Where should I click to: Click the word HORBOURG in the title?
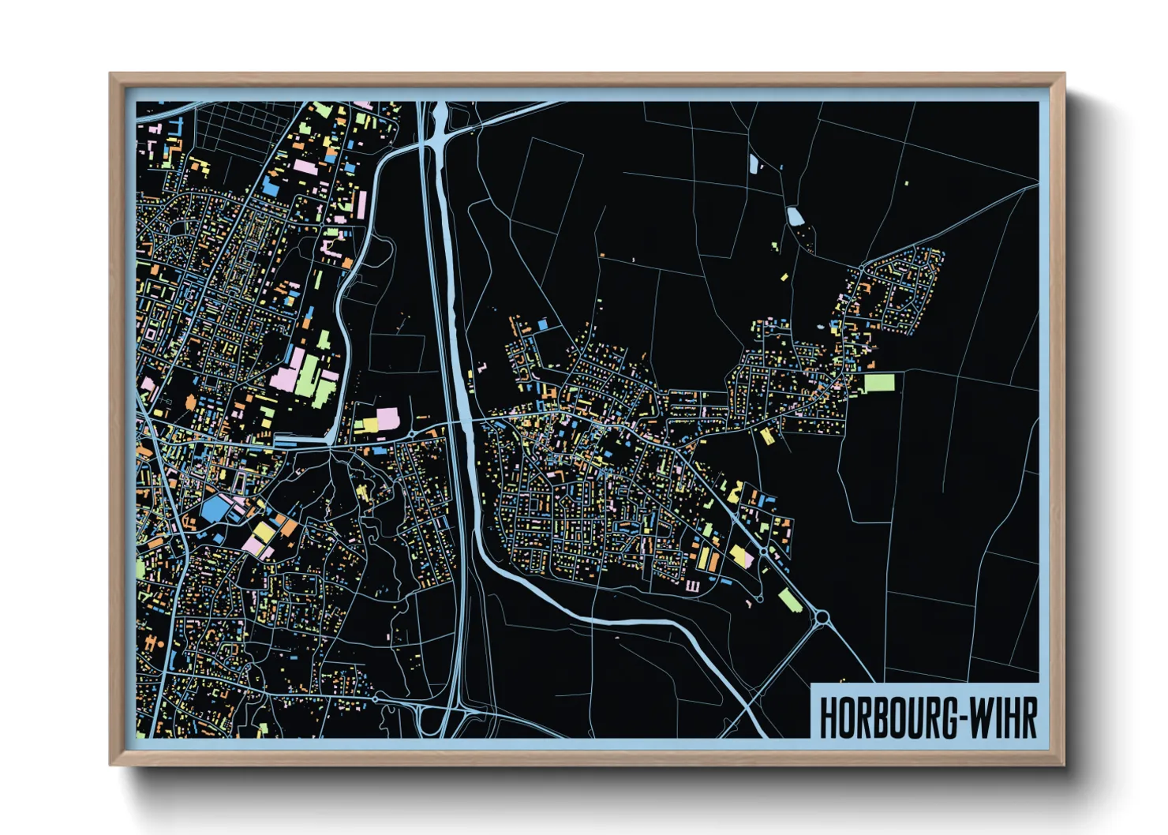point(884,718)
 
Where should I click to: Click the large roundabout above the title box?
point(821,617)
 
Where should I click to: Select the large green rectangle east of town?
point(879,384)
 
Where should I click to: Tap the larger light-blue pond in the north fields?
point(795,216)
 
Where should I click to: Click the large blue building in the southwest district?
point(214,509)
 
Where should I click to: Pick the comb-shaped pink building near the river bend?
point(693,586)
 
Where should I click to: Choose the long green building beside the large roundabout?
point(790,600)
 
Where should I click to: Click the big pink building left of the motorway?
point(387,418)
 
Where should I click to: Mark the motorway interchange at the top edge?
point(436,130)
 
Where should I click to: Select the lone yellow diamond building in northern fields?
point(784,277)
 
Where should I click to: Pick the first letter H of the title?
point(828,718)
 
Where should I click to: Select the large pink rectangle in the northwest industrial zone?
point(305,167)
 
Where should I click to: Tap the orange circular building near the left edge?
point(190,403)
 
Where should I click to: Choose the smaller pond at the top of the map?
point(754,163)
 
